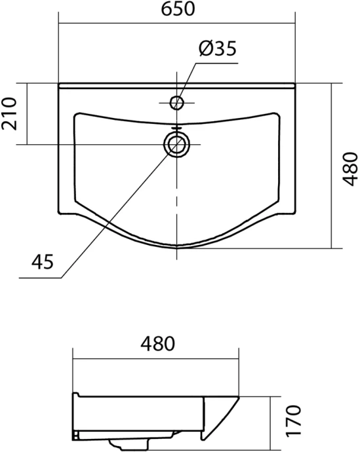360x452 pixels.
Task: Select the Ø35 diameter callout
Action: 216,48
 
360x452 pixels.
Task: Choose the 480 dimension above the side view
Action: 155,345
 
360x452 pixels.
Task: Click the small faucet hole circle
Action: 176,102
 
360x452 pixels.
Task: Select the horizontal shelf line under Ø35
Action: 216,63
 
